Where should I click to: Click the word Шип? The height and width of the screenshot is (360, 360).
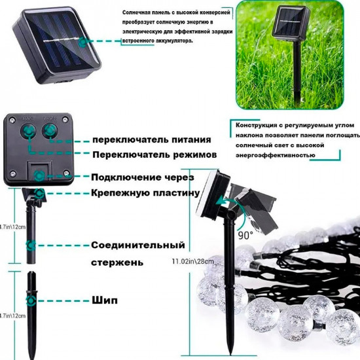click(105, 300)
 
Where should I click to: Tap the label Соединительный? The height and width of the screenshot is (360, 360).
click(138, 245)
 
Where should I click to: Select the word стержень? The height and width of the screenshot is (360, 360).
click(117, 262)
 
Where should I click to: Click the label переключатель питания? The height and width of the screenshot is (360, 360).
click(151, 139)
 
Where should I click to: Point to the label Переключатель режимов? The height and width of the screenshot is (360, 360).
click(154, 155)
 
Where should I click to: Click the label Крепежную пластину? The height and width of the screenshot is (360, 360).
click(145, 193)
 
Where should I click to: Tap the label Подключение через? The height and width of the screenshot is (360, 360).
click(142, 177)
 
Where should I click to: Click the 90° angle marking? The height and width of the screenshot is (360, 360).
click(245, 234)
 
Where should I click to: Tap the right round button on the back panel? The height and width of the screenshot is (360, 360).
click(51, 131)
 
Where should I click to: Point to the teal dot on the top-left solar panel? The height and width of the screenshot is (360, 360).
click(82, 41)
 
